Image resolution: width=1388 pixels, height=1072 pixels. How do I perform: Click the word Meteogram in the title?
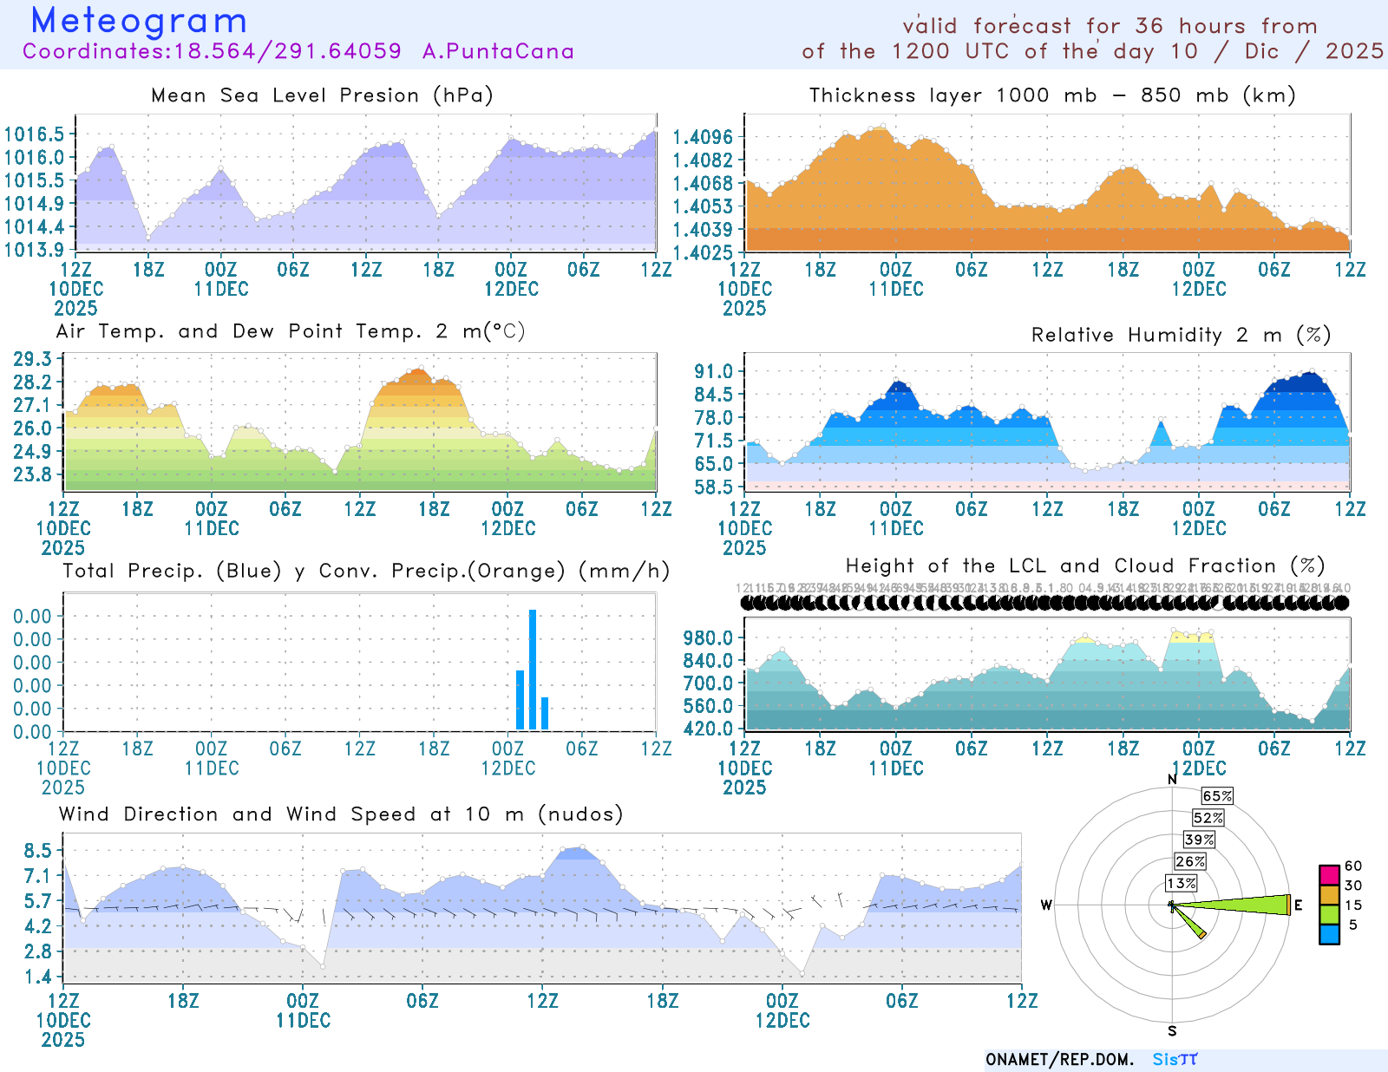coord(139,21)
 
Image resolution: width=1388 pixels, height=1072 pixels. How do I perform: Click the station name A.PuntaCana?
coord(498,51)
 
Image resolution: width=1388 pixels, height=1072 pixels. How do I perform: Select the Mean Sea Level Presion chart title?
coord(322,95)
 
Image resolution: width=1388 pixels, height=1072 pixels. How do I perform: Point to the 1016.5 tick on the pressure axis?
coord(34,134)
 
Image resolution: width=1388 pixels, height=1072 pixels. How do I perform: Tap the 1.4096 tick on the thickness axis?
coord(703,137)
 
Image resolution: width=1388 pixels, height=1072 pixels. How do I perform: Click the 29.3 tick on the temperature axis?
coord(32,359)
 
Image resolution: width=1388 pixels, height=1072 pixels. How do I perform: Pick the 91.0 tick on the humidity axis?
coord(713,372)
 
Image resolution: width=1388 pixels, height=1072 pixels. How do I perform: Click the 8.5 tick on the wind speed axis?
coord(38,851)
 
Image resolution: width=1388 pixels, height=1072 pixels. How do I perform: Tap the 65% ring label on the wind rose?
coord(1217,796)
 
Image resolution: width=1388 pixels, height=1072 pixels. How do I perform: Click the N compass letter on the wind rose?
coord(1172,779)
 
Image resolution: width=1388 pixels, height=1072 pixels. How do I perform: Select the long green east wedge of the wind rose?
coord(1241,905)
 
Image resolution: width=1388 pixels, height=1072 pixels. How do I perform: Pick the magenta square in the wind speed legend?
coord(1329,874)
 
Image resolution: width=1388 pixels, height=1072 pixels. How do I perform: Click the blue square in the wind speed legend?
coord(1329,934)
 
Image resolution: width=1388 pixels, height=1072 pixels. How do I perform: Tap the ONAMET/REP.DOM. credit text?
coord(1059,1060)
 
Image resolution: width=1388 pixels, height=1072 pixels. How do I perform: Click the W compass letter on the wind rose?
coord(1046,905)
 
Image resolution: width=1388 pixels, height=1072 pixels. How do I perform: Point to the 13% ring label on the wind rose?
coord(1181,883)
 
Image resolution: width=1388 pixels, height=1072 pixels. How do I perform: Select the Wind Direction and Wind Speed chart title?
coord(341,814)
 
